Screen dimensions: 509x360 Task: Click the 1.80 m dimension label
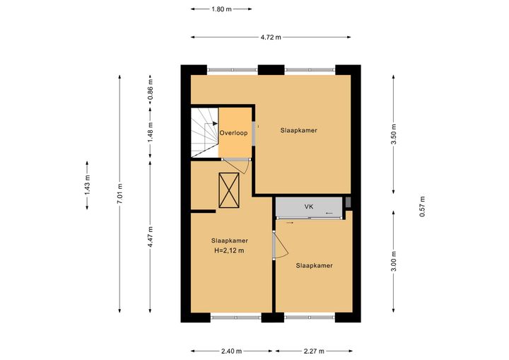click(221, 9)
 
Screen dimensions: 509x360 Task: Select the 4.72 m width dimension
click(271, 37)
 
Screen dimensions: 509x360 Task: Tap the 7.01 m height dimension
click(119, 194)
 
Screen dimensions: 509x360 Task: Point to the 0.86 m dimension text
click(151, 91)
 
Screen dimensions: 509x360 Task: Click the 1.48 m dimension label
click(151, 132)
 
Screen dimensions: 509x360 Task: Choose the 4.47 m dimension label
click(151, 237)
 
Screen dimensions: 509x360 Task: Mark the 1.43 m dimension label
click(88, 185)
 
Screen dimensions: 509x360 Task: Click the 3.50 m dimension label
click(394, 134)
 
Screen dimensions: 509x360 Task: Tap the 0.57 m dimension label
click(422, 207)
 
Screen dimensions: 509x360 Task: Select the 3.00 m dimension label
click(394, 261)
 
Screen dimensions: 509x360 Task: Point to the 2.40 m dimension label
click(231, 351)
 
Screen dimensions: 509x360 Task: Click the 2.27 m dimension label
click(314, 351)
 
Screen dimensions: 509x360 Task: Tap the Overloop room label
click(233, 133)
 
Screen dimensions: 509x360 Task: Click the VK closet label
click(309, 207)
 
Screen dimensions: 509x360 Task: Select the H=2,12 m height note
click(229, 250)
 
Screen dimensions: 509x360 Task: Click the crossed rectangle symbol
click(229, 190)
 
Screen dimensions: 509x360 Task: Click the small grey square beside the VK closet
click(348, 202)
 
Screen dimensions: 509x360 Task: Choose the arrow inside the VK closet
click(329, 213)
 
